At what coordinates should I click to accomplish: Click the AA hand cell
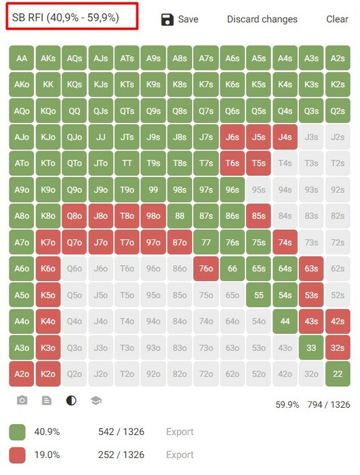(x=22, y=58)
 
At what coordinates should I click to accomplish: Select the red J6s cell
(x=233, y=137)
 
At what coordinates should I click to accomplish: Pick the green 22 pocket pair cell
(x=338, y=374)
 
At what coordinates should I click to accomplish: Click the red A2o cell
(x=22, y=374)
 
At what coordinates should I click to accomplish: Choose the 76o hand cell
(x=206, y=269)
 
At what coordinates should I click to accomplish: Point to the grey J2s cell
(x=338, y=137)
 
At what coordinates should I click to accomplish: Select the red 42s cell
(x=338, y=321)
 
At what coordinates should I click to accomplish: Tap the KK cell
(x=48, y=84)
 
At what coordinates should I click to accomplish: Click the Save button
(x=180, y=20)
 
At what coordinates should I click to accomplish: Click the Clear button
(x=337, y=19)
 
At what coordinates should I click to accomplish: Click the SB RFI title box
(x=72, y=16)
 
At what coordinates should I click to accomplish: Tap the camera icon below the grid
(x=22, y=400)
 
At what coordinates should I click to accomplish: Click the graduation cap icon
(x=96, y=401)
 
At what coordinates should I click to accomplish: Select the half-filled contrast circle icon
(x=71, y=400)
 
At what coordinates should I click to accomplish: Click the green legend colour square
(x=17, y=432)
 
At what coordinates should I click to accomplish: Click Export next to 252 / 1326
(x=180, y=455)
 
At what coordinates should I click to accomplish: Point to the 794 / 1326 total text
(x=329, y=404)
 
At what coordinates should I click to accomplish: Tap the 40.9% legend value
(x=47, y=432)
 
